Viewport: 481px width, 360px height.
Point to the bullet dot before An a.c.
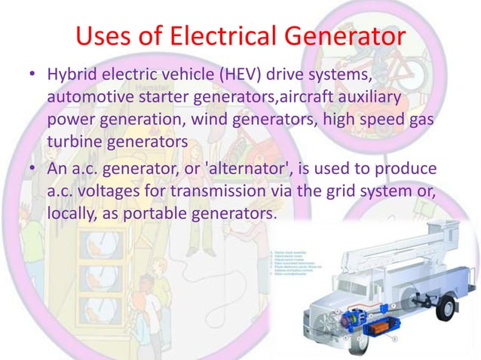pos(33,166)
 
